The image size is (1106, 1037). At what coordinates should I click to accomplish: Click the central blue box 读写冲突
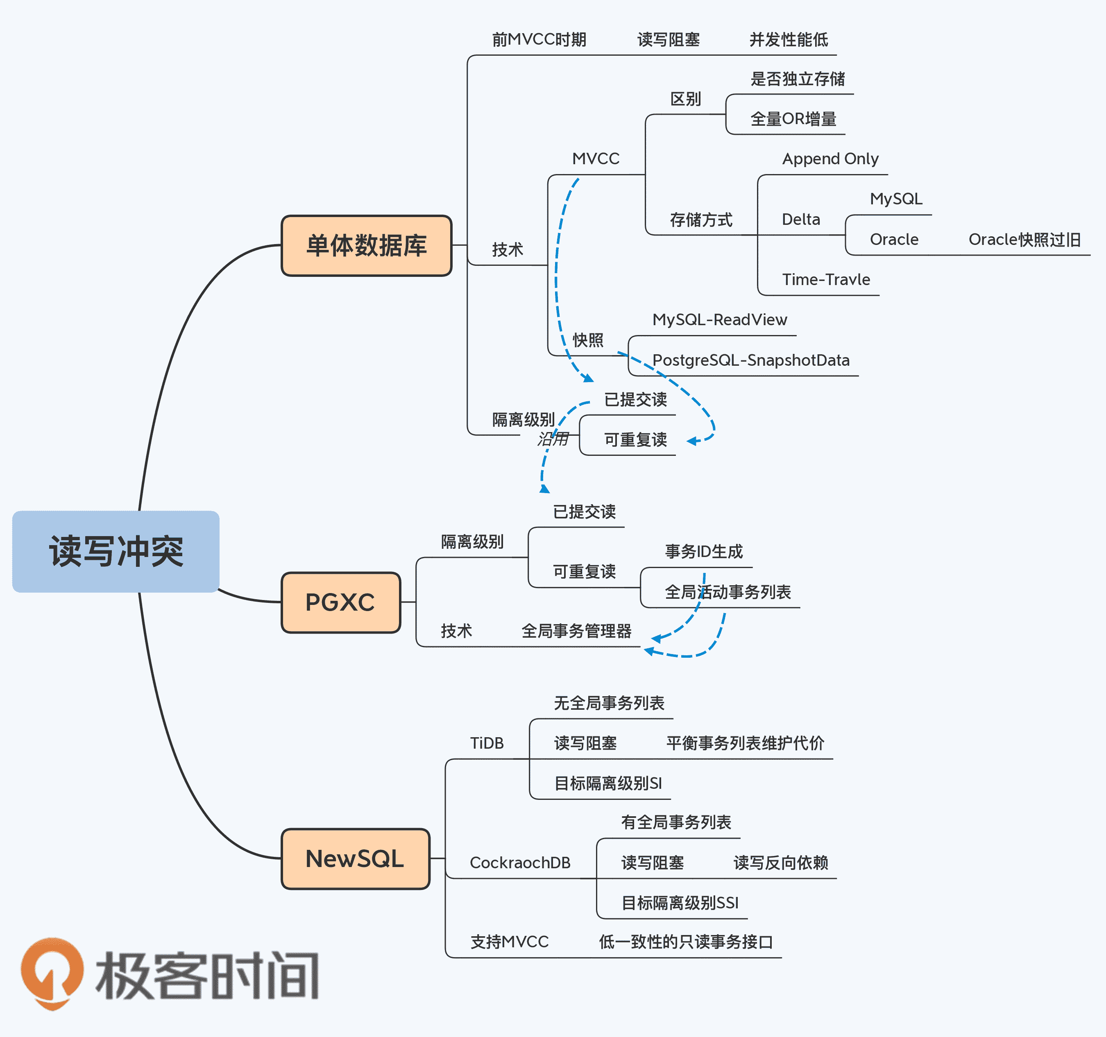click(x=116, y=551)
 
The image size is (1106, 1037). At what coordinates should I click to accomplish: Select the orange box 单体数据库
click(x=366, y=245)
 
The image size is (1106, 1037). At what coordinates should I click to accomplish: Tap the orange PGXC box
click(x=340, y=602)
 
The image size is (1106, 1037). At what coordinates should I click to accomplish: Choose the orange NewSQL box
click(x=355, y=858)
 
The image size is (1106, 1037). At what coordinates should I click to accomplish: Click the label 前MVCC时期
click(x=539, y=39)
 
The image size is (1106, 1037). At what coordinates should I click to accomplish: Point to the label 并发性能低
click(x=788, y=39)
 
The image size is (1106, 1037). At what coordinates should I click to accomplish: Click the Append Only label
click(x=830, y=159)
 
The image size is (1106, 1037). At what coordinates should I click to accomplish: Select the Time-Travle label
click(x=825, y=279)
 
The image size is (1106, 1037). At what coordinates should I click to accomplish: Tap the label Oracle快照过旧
click(x=1024, y=240)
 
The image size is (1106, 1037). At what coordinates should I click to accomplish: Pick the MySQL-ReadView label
click(x=719, y=320)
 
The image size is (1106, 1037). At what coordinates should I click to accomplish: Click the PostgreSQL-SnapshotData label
click(x=750, y=360)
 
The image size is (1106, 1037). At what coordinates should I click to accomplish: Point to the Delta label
click(x=800, y=220)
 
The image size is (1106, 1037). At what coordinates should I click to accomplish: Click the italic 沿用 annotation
click(x=553, y=439)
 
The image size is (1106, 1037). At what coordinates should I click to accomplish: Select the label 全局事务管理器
click(x=576, y=631)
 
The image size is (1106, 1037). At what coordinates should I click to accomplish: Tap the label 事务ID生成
click(x=704, y=551)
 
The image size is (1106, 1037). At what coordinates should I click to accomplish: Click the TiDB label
click(x=487, y=743)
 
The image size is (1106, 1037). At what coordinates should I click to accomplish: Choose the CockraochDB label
click(x=520, y=863)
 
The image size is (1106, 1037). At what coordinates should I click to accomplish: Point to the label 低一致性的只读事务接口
click(x=685, y=942)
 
